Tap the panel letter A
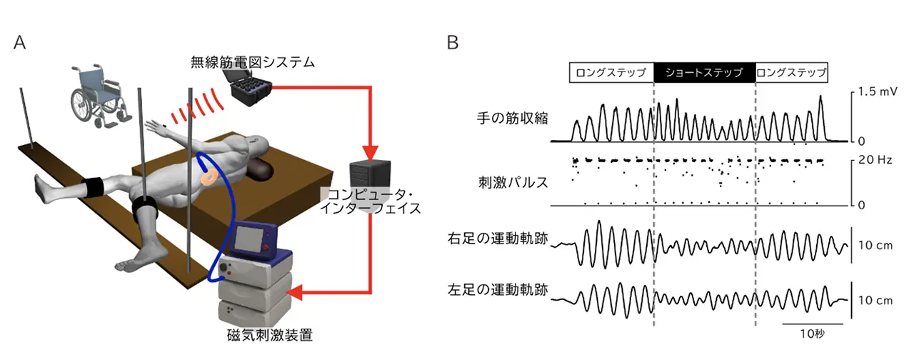[x=20, y=42]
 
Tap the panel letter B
[x=453, y=42]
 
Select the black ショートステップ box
[x=704, y=72]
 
